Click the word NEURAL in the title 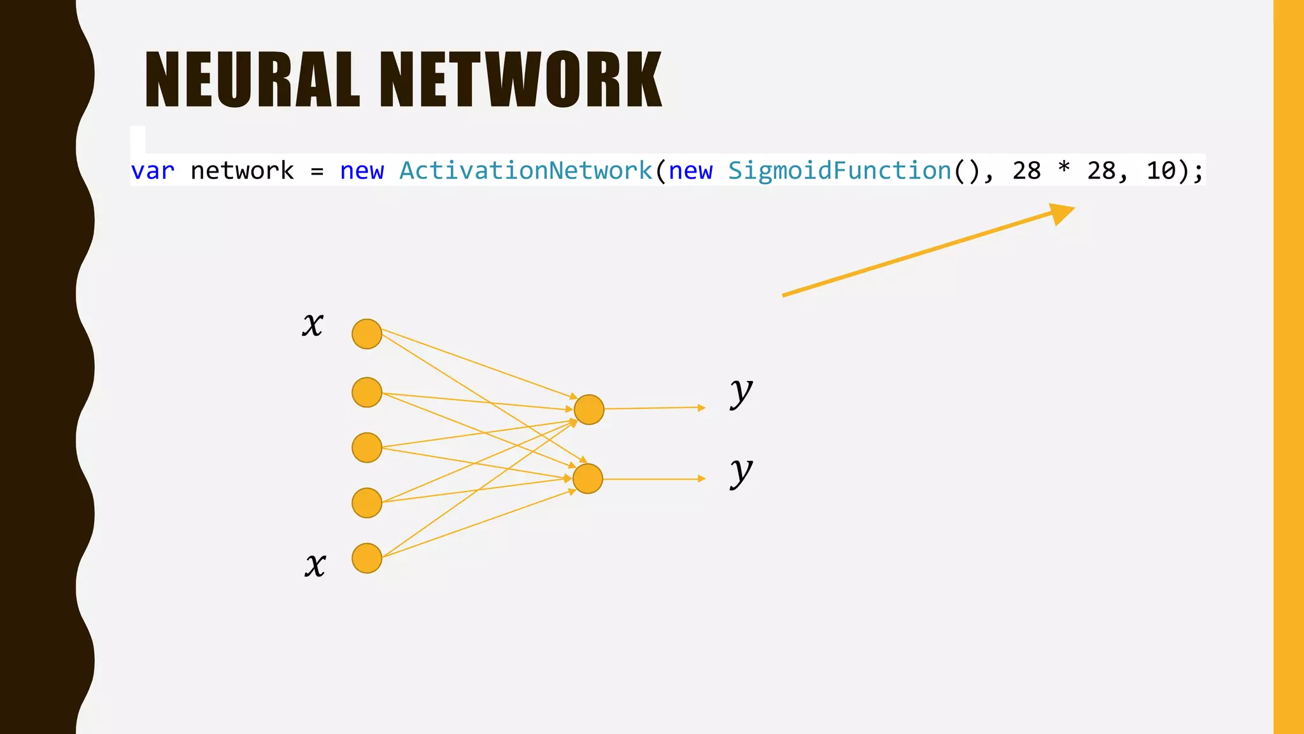[253, 80]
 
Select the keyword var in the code [152, 171]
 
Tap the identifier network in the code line [242, 171]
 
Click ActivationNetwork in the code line [526, 171]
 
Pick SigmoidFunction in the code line [839, 171]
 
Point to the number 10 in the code [1161, 171]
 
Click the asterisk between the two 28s [1063, 169]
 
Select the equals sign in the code [317, 171]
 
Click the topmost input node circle [367, 334]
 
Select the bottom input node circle [367, 558]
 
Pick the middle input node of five [367, 447]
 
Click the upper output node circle [589, 409]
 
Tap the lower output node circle [588, 479]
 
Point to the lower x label [315, 565]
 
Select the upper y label [741, 392]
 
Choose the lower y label [741, 472]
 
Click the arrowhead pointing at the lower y [702, 479]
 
